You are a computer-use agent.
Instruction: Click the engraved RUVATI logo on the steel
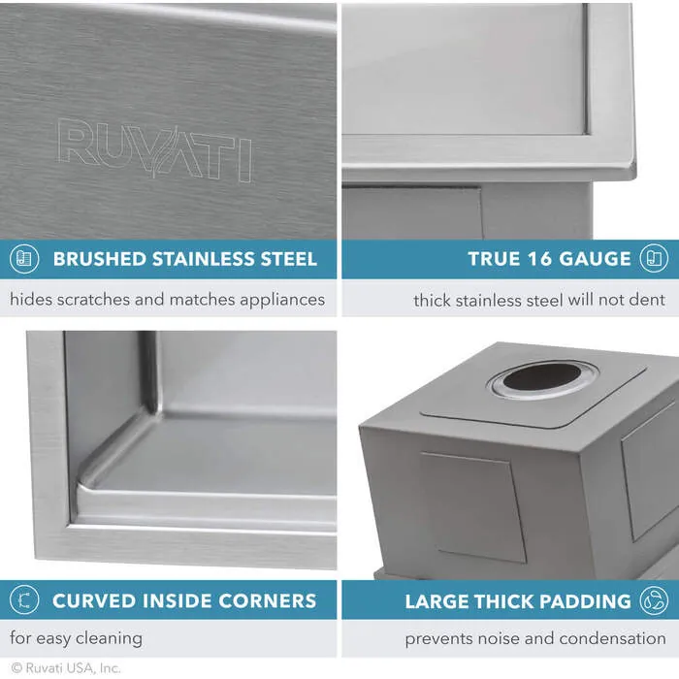pos(155,150)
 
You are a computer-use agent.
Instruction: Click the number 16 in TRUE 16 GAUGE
pos(536,259)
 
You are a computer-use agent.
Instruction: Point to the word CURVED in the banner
pos(90,600)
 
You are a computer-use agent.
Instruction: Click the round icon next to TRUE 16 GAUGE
pos(654,259)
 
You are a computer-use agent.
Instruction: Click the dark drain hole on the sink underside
pos(543,376)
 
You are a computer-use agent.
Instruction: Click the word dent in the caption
pos(649,300)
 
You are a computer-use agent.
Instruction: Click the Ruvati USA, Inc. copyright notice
pos(66,668)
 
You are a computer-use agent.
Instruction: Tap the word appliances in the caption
pos(276,300)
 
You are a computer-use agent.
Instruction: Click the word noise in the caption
pos(500,638)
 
